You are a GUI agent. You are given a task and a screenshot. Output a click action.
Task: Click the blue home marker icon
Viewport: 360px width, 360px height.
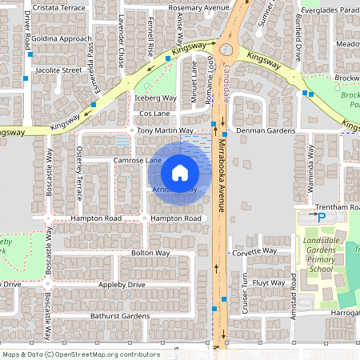(180, 172)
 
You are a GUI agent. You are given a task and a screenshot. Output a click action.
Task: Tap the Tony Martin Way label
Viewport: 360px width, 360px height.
(166, 130)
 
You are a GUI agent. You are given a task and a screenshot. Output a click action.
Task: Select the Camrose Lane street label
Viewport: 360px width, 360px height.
(137, 161)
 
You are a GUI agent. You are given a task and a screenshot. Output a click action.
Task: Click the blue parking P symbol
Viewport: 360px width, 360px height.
(322, 217)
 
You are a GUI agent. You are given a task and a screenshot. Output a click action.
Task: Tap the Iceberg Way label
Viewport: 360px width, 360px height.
(154, 98)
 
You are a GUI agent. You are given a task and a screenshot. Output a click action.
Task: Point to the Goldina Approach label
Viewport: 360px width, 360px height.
(62, 38)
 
